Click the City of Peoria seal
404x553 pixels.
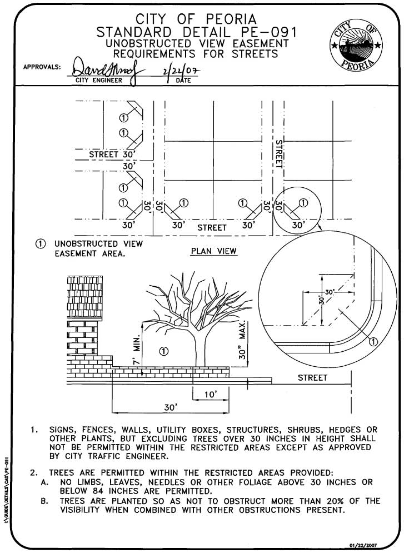click(x=356, y=45)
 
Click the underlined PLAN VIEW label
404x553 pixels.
click(x=213, y=251)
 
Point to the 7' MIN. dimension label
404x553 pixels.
click(x=137, y=350)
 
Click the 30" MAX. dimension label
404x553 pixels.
click(x=242, y=340)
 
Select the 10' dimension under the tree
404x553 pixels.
click(x=210, y=394)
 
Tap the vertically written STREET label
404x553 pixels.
click(x=279, y=154)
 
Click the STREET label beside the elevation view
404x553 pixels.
click(x=312, y=378)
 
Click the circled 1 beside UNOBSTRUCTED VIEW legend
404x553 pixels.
click(x=41, y=243)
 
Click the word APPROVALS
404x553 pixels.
click(x=42, y=67)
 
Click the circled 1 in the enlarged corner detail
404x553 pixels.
click(x=373, y=341)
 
